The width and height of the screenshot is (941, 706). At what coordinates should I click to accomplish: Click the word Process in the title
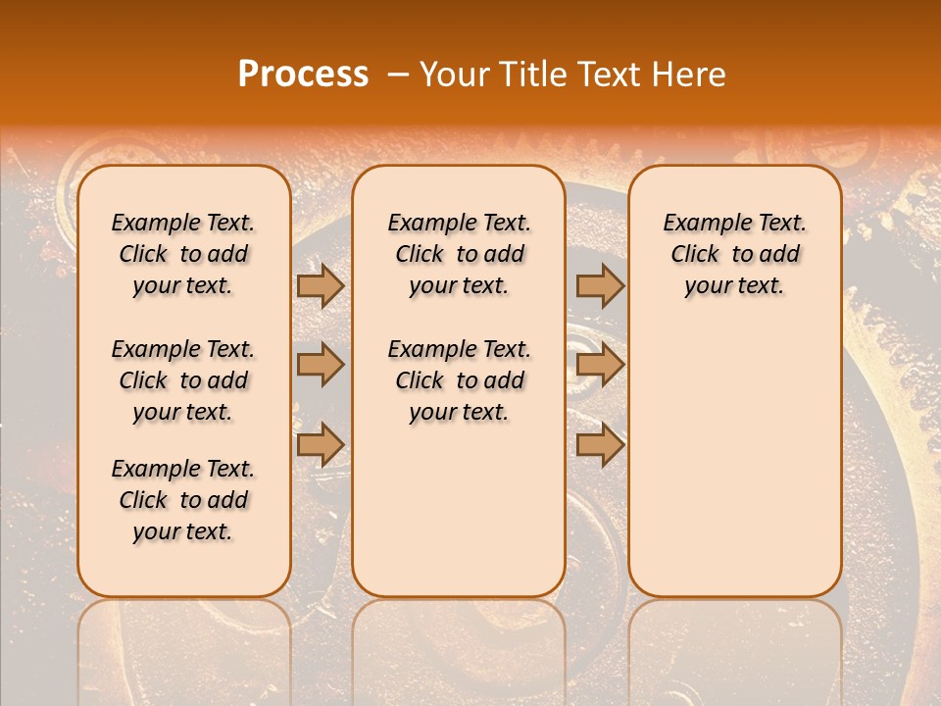click(303, 75)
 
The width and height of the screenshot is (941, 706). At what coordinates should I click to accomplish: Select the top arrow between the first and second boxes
click(321, 285)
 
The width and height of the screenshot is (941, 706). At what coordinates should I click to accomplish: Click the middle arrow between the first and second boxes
click(321, 365)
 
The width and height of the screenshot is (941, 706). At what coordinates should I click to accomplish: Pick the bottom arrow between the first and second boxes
click(321, 444)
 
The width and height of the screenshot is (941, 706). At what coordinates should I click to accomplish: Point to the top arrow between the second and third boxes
click(600, 285)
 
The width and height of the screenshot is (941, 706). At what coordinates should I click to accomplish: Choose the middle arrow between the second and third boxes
click(600, 365)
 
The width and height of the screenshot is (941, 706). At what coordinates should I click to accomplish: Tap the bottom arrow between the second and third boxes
click(600, 444)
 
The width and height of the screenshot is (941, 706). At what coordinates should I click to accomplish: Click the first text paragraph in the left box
click(183, 254)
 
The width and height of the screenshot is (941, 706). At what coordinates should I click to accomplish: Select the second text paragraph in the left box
click(183, 380)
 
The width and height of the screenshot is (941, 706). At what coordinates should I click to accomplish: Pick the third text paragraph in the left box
click(183, 500)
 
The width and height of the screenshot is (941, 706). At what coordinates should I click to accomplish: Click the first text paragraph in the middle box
click(459, 254)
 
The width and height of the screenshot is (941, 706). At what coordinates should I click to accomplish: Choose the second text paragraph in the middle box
click(459, 380)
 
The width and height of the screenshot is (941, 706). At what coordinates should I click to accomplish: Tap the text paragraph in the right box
click(735, 254)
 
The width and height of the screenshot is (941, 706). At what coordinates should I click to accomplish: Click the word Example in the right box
click(700, 224)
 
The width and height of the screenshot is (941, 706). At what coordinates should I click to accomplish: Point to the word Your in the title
click(450, 75)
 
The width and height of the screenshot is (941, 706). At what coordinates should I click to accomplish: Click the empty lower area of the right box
click(735, 461)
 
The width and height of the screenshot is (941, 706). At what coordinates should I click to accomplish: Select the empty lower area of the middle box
click(459, 510)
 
